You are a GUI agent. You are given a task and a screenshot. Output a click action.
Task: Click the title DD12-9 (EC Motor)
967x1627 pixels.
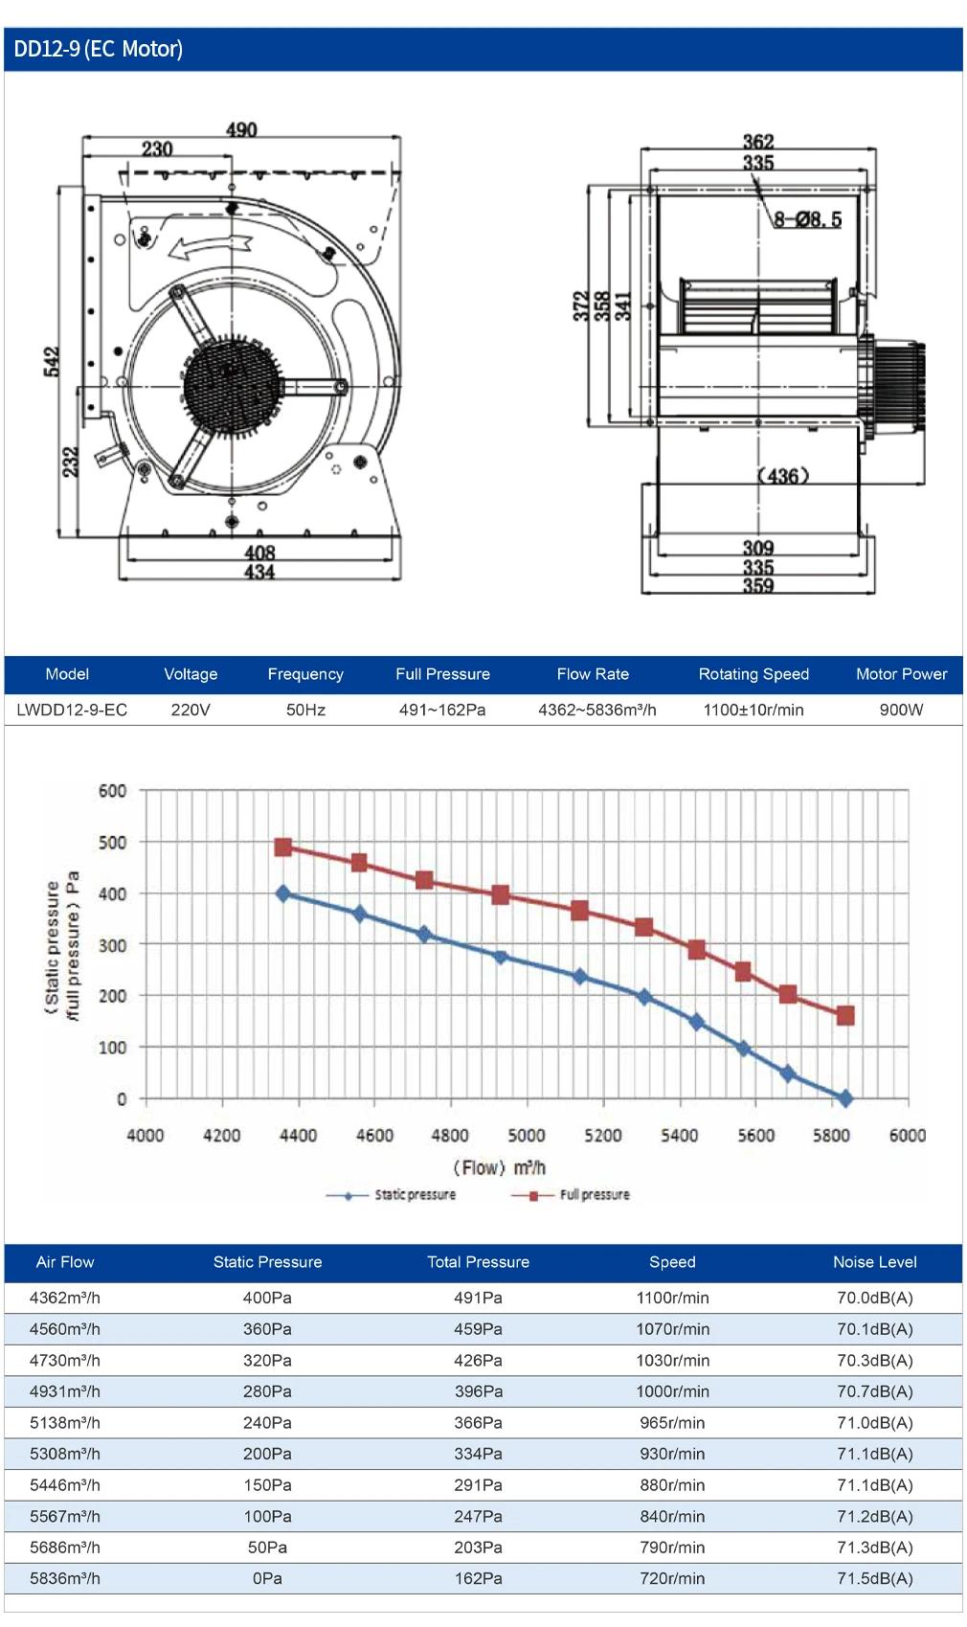click(98, 49)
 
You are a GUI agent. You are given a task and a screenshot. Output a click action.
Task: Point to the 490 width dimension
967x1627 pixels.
click(241, 130)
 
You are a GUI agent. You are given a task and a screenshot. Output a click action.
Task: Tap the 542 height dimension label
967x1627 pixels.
click(52, 362)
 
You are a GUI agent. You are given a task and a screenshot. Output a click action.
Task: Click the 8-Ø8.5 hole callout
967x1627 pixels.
click(807, 219)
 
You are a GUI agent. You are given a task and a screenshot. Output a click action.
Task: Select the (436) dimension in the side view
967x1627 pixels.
click(782, 476)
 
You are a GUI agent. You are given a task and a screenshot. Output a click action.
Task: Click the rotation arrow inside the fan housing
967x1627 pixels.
click(210, 247)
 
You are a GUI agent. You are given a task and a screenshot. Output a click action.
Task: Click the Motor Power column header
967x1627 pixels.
click(901, 674)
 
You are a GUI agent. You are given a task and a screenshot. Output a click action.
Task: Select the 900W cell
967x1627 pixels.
click(901, 710)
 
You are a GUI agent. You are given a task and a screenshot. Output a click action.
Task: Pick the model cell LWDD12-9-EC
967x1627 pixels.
click(72, 710)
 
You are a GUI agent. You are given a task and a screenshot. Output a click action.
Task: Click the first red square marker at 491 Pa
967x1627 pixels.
click(283, 847)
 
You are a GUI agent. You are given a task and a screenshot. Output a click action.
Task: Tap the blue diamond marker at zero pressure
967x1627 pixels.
click(845, 1098)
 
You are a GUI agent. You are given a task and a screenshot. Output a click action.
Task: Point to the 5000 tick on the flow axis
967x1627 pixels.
click(527, 1136)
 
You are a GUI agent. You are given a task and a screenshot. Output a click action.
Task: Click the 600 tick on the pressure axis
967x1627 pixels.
click(113, 790)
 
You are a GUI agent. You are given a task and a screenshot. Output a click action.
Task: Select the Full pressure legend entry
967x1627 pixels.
click(571, 1195)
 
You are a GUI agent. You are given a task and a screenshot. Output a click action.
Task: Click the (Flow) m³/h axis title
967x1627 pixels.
click(500, 1167)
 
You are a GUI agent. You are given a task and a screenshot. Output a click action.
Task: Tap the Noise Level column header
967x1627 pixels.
click(875, 1261)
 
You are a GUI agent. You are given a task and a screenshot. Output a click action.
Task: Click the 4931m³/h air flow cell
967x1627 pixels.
click(65, 1390)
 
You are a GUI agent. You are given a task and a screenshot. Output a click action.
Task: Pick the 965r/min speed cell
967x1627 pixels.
click(672, 1422)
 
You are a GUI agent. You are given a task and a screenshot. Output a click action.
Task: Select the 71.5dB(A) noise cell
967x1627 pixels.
click(875, 1577)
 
